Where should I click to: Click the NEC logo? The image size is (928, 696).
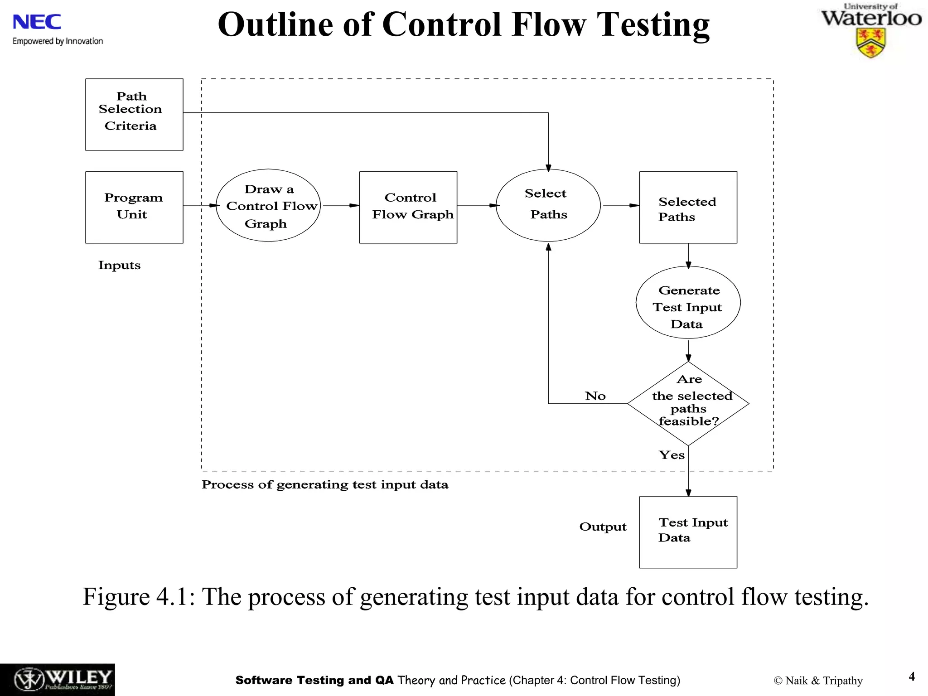[37, 22]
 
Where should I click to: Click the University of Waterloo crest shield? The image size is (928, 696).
[870, 43]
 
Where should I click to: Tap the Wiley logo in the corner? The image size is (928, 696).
[57, 679]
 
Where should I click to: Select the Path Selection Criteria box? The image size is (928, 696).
[134, 114]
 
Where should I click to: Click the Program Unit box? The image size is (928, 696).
[134, 207]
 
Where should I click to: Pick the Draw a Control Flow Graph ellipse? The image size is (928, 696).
[268, 205]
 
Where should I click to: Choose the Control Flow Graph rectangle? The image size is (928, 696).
[408, 207]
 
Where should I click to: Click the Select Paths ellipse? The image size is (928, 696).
[548, 205]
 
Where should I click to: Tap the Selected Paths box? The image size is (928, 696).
[688, 207]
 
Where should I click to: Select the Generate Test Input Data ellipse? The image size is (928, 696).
[688, 302]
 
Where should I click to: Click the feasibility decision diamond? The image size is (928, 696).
[688, 403]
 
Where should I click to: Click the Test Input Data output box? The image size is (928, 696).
[688, 532]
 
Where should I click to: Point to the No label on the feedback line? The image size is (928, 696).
[595, 396]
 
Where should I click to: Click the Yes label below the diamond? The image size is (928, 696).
[671, 455]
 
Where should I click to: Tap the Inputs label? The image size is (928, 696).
[119, 265]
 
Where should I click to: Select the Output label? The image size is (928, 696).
[603, 527]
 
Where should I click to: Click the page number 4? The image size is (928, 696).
[912, 677]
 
